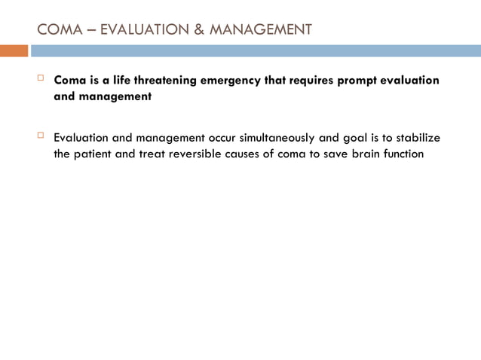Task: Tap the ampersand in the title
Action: [198, 30]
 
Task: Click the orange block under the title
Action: [14, 50]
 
